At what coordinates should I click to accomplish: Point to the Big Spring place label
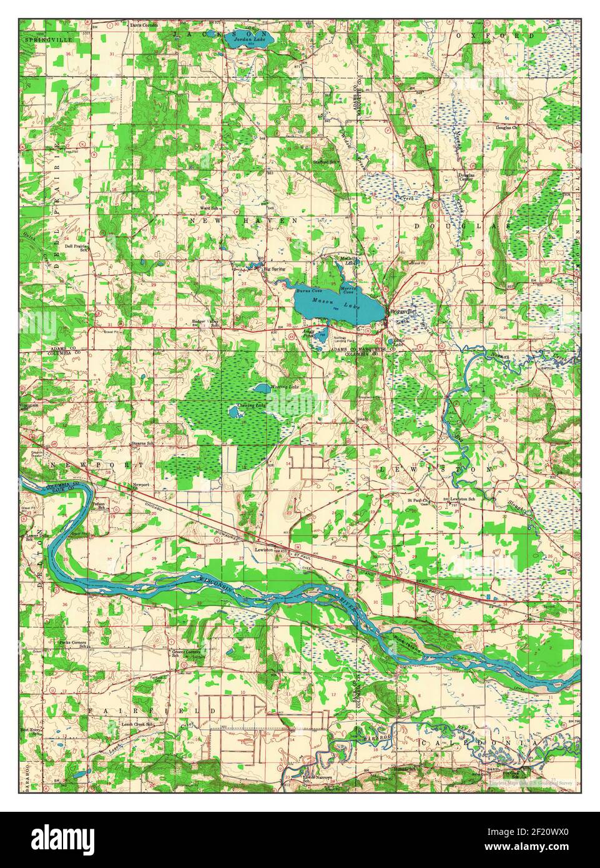coord(273,269)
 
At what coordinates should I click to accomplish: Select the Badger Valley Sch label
coord(204,324)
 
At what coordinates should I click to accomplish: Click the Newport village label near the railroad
coord(140,485)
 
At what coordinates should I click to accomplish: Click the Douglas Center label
coord(466,177)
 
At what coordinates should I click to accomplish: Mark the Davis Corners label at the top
coord(144,26)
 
